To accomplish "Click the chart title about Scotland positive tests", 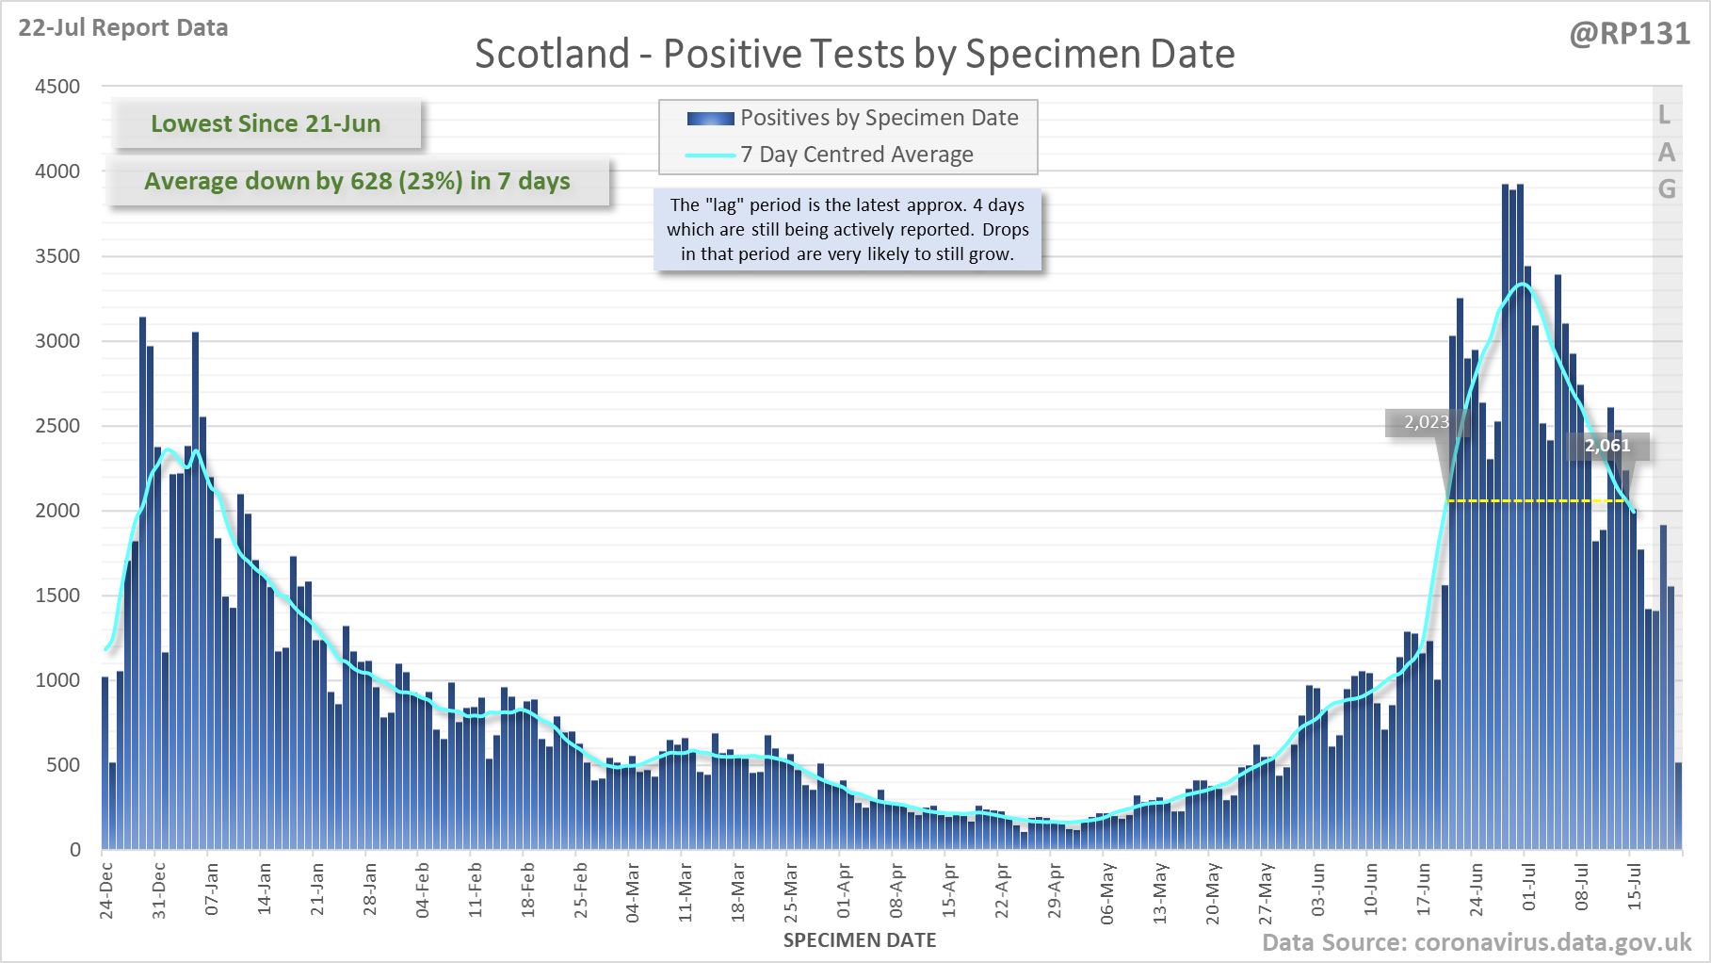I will point(854,54).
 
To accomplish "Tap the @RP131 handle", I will point(1629,34).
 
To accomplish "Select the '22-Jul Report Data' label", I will point(123,28).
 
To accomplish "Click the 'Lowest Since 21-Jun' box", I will point(266,123).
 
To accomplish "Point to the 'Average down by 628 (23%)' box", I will point(358,181).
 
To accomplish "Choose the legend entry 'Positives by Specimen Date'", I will point(879,118).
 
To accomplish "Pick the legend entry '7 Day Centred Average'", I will point(856,155).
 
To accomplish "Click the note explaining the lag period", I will point(847,229).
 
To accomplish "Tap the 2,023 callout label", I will point(1426,422).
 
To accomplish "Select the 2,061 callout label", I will point(1606,446).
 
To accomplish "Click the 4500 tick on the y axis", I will point(57,87).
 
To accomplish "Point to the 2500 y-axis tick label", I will point(57,426).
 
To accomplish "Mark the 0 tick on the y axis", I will point(75,850).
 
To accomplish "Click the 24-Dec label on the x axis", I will point(106,890).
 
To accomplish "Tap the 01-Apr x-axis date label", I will point(844,890).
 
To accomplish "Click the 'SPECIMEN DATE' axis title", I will point(859,940).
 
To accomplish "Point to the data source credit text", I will point(1476,942).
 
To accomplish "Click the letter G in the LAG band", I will point(1667,189).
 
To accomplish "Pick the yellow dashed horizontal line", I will point(1535,500).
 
